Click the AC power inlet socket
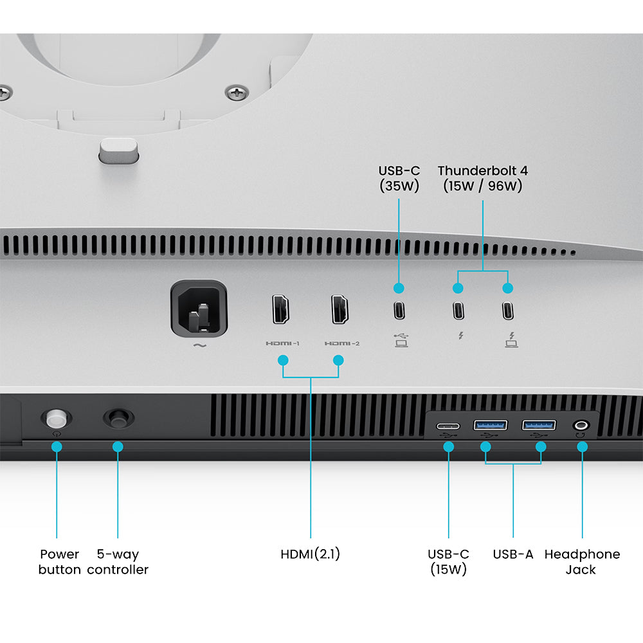pyautogui.click(x=199, y=309)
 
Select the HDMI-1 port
pyautogui.click(x=281, y=309)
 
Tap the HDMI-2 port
pyautogui.click(x=340, y=309)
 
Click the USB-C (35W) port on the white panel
pyautogui.click(x=399, y=310)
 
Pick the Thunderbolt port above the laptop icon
pyautogui.click(x=508, y=311)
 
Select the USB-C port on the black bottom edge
pyautogui.click(x=448, y=426)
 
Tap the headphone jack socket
pyautogui.click(x=581, y=425)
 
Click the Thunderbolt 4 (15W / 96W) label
pyautogui.click(x=483, y=178)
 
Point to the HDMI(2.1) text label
pyautogui.click(x=311, y=554)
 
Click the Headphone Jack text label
pyautogui.click(x=582, y=562)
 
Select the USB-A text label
pyautogui.click(x=513, y=554)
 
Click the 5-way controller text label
pyautogui.click(x=118, y=562)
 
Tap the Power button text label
pyautogui.click(x=59, y=562)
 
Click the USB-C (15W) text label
pyautogui.click(x=448, y=562)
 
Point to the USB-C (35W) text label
pyautogui.click(x=399, y=178)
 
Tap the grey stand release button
pyautogui.click(x=118, y=150)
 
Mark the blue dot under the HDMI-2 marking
pyautogui.click(x=338, y=361)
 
